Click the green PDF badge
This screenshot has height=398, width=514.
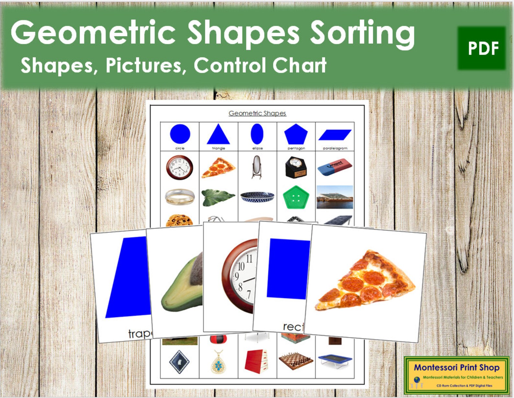point(481,48)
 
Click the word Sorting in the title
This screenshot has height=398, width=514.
point(362,34)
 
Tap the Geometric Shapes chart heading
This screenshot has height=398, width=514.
point(257,113)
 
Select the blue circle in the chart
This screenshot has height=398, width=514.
point(180,134)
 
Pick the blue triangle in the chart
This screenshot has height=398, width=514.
point(218,135)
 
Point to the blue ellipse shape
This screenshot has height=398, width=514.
point(257,134)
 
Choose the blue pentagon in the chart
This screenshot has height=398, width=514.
point(296,134)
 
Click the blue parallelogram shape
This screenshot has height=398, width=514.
point(335,135)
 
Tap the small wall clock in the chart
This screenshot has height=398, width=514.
point(180,168)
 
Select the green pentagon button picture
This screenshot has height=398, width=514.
point(296,197)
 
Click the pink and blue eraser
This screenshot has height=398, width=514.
point(335,167)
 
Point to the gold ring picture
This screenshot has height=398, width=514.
point(180,197)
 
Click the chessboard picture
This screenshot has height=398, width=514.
point(296,360)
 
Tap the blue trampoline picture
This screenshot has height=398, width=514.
point(335,360)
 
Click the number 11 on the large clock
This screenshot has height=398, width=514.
point(249,259)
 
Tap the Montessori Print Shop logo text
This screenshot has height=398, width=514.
point(456,368)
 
